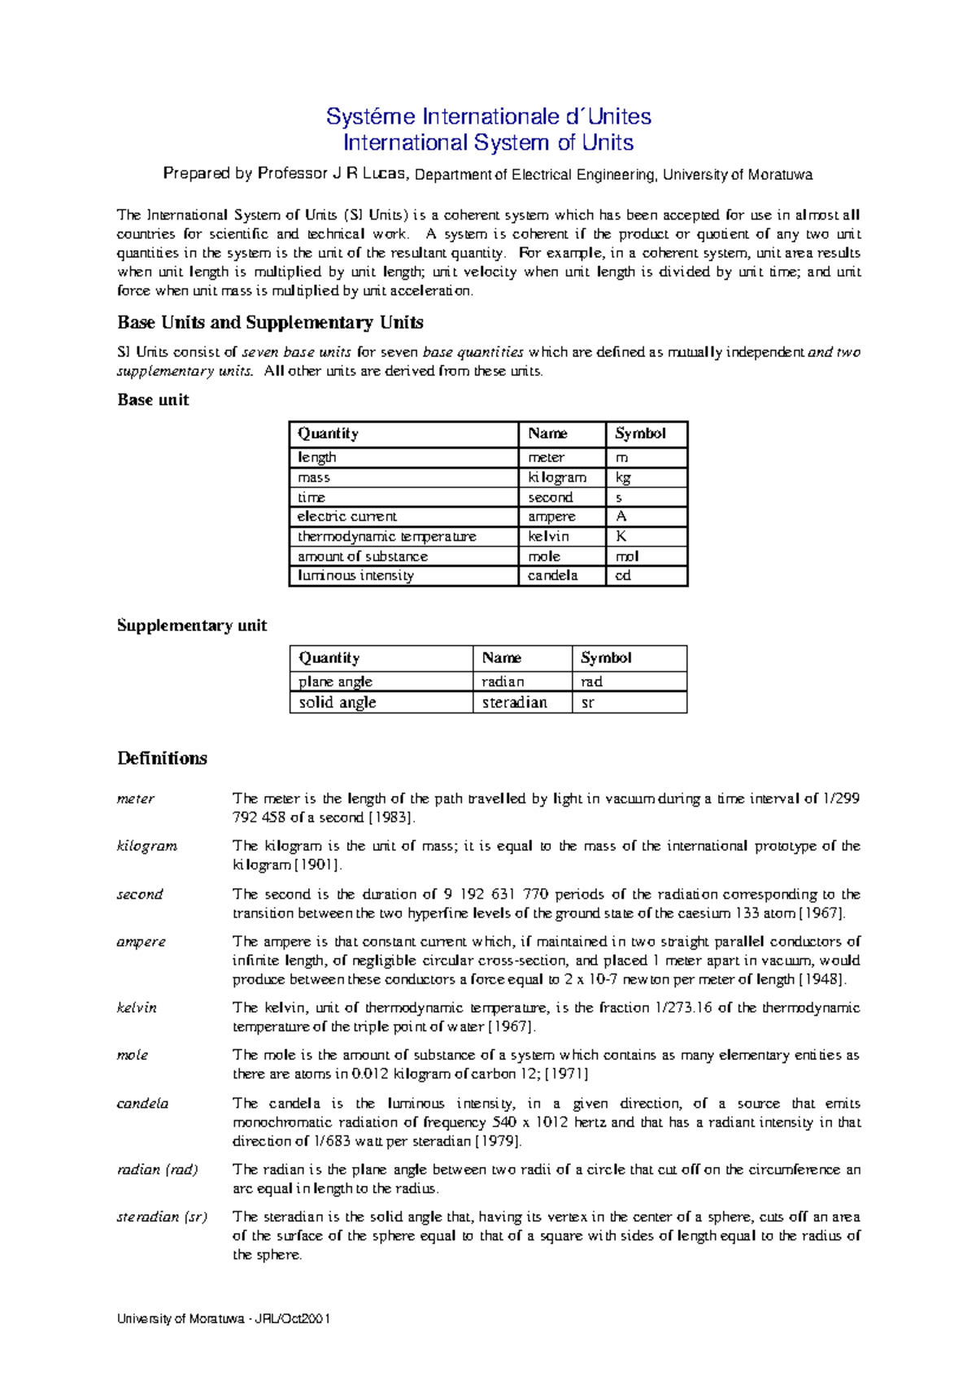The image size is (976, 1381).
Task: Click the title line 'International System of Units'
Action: (x=488, y=143)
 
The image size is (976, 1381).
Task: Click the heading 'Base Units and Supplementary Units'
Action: (x=270, y=323)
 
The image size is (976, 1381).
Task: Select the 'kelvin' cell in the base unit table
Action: (x=548, y=537)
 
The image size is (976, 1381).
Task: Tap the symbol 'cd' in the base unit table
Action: (x=623, y=576)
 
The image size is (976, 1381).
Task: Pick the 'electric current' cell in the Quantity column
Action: (x=347, y=516)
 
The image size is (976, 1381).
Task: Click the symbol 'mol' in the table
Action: (x=627, y=556)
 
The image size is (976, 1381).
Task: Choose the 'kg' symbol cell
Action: (x=623, y=478)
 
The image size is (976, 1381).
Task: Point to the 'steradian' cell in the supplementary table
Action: (x=514, y=703)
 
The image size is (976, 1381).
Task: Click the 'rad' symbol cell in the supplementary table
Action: (x=591, y=682)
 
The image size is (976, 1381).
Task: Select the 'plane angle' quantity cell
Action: (x=335, y=682)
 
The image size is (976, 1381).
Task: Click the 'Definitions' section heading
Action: (x=162, y=759)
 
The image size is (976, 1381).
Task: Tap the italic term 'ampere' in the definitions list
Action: (x=142, y=942)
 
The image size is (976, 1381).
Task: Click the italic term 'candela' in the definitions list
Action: (x=142, y=1104)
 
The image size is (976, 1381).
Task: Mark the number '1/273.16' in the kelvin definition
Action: (x=683, y=1008)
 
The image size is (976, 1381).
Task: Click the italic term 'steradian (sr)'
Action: (x=162, y=1217)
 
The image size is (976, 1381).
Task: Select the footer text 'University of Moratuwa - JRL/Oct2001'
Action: (x=223, y=1319)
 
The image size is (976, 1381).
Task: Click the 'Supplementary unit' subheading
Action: (x=192, y=625)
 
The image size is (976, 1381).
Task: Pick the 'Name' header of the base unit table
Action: (x=547, y=433)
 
